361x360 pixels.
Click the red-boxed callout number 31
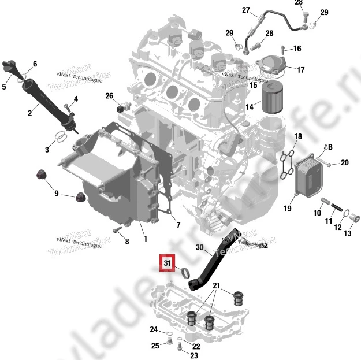pos(168,263)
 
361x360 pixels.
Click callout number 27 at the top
pos(245,10)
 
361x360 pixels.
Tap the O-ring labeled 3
pos(60,138)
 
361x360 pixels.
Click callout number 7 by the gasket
pos(177,224)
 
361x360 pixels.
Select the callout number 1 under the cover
pos(146,238)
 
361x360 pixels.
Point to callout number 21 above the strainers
pos(216,285)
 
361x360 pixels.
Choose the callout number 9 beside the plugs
pos(57,193)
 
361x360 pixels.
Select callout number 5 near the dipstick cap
pos(3,87)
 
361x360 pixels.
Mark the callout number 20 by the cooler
pos(344,162)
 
